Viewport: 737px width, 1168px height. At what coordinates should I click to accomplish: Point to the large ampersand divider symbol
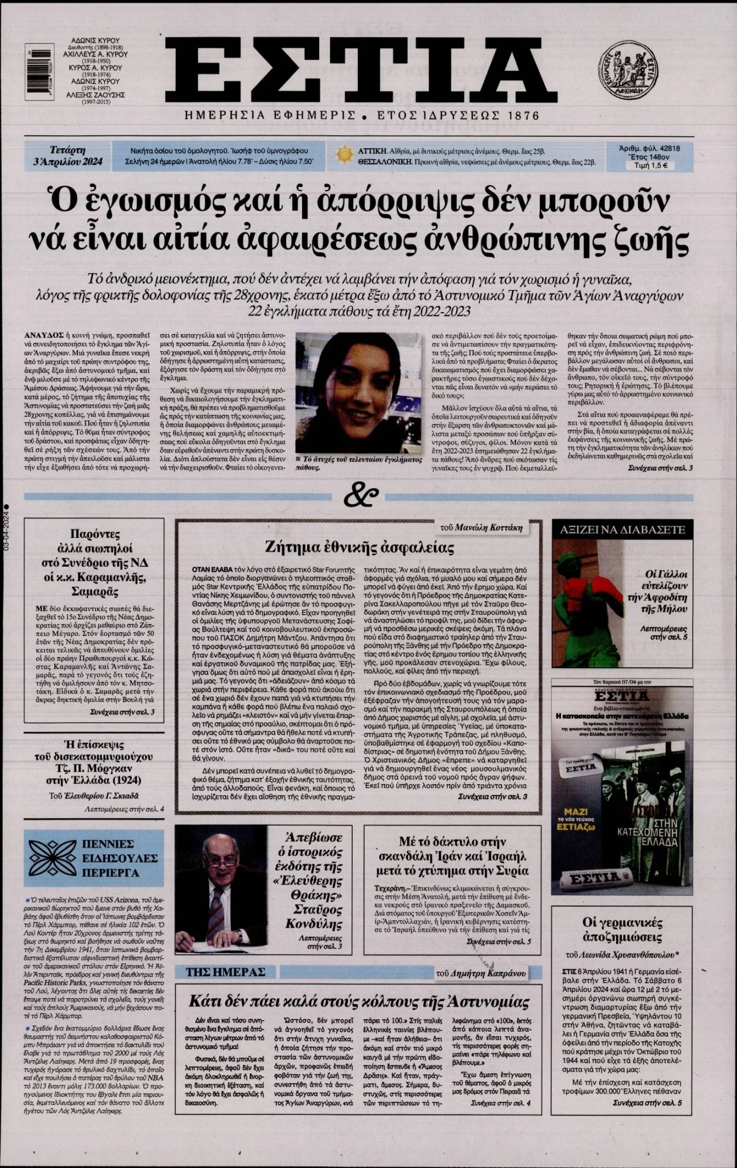pos(361,495)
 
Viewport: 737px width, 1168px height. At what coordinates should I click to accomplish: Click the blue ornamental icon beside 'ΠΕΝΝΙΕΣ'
pos(53,857)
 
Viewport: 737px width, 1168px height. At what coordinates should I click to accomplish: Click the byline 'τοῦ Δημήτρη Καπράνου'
pos(481,972)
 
